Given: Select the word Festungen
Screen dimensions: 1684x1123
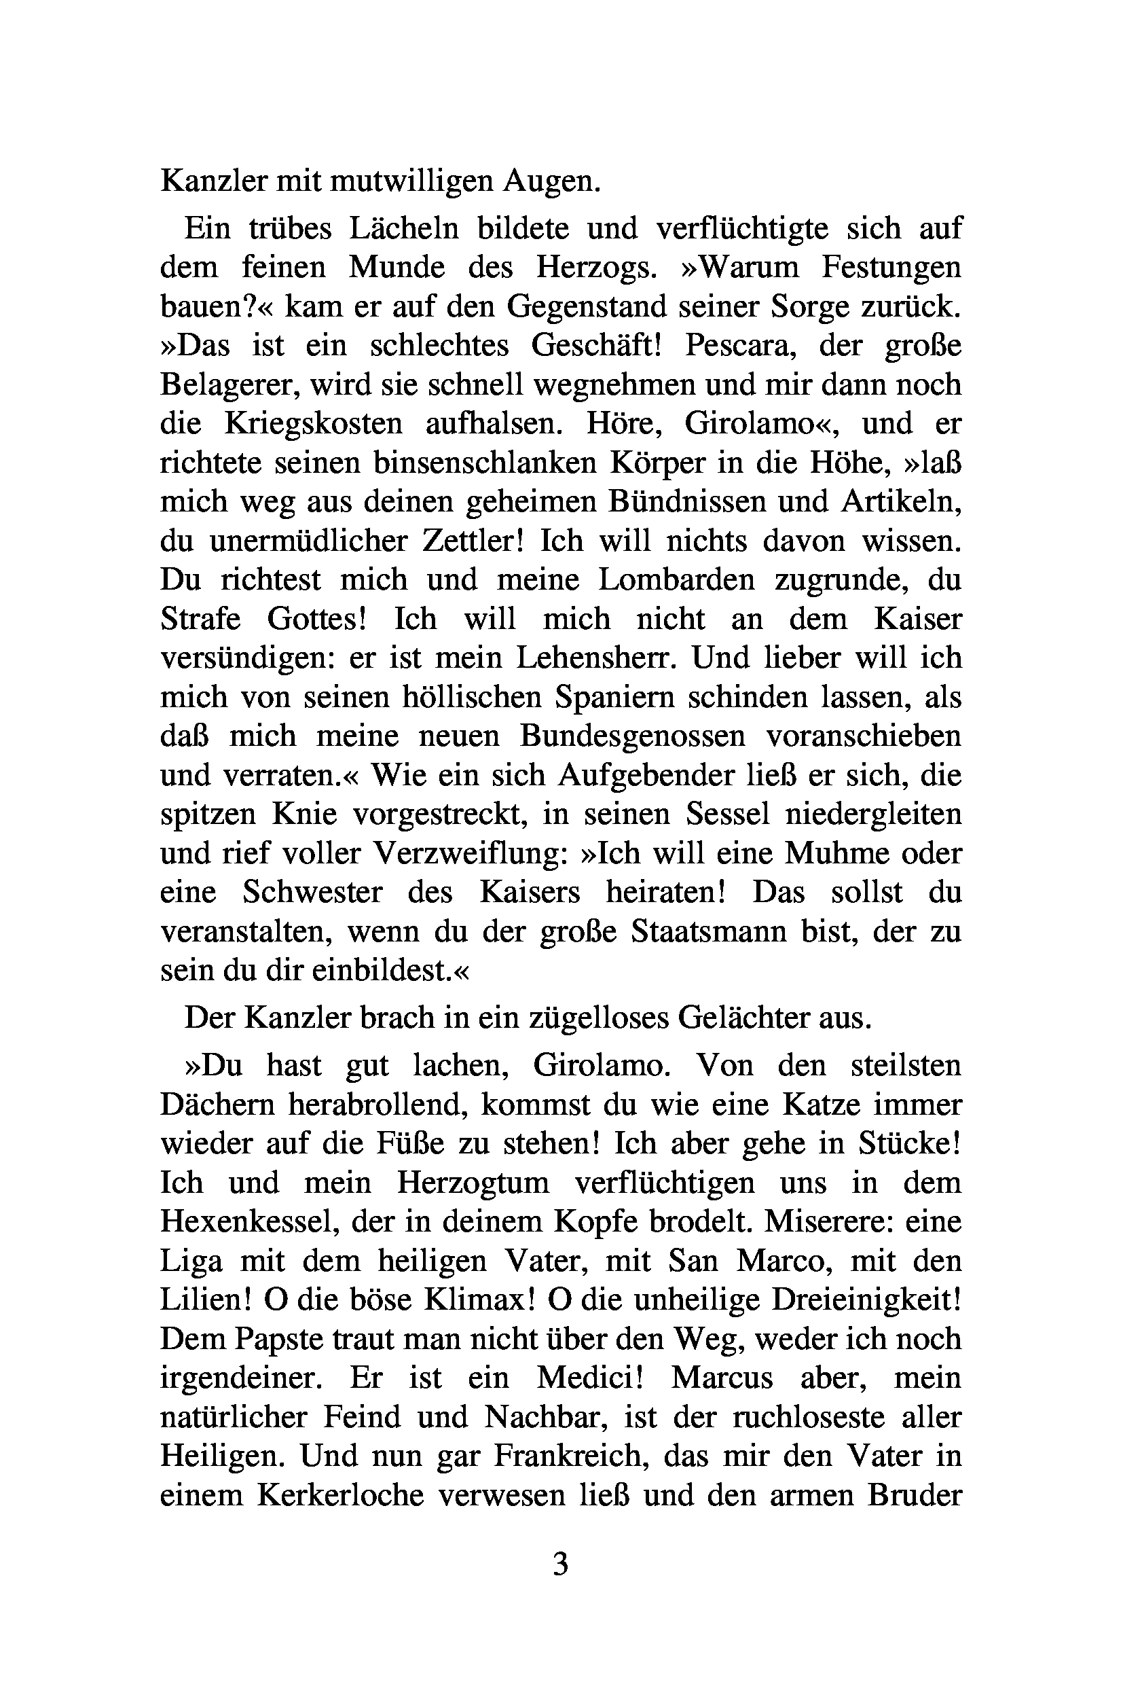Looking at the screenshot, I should coord(891,267).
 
